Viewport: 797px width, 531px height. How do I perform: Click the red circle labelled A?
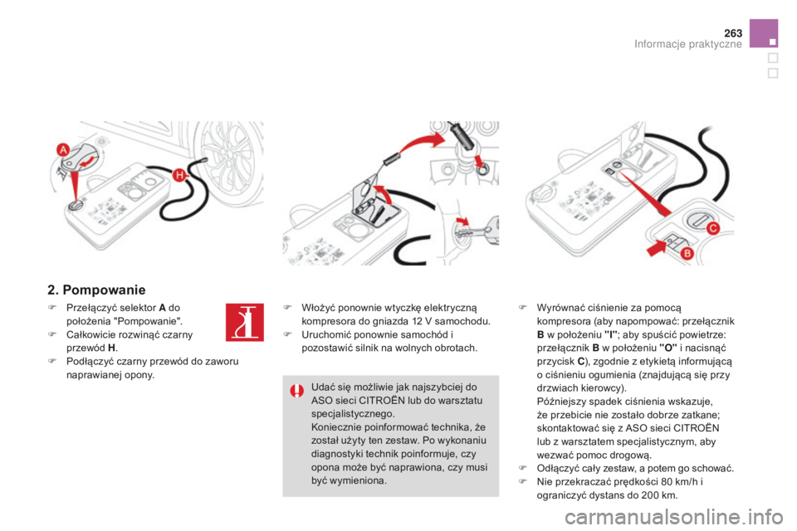pyautogui.click(x=63, y=149)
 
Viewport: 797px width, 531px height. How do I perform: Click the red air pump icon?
pyautogui.click(x=242, y=324)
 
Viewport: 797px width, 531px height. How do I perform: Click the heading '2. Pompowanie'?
pyautogui.click(x=96, y=290)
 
